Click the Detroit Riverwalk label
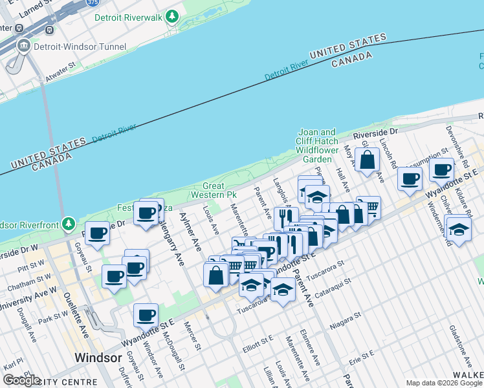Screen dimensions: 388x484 point(128,17)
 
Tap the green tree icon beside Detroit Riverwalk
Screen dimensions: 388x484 point(172,16)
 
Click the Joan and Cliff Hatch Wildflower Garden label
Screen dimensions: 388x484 point(316,145)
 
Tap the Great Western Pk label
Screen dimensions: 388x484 point(215,190)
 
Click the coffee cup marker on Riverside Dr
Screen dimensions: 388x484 point(97,233)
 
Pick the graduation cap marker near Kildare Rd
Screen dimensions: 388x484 point(458,230)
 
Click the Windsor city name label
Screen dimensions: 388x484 point(98,358)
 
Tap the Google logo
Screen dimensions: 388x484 point(21,380)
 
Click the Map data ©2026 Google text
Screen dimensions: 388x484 point(444,383)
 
